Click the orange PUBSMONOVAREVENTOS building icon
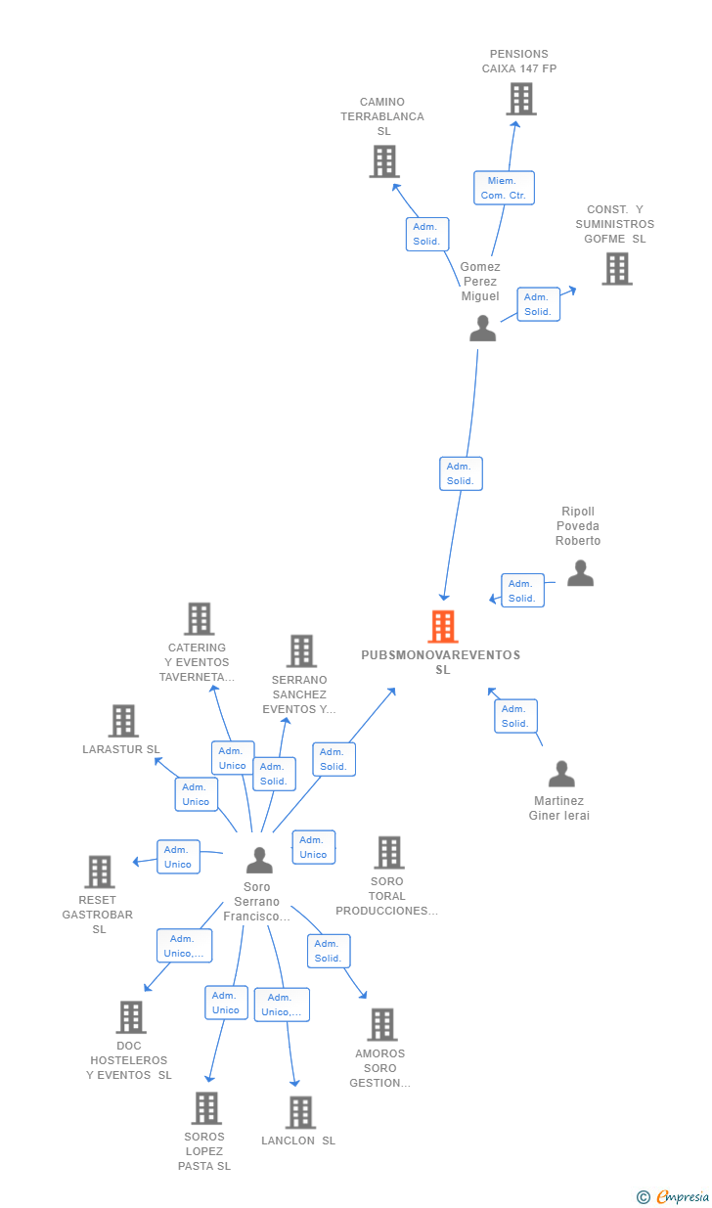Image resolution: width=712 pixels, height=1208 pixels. pos(443,627)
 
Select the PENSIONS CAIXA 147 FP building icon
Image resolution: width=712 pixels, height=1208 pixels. pos(521,99)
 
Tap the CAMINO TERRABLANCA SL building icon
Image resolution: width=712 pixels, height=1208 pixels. pos(384,161)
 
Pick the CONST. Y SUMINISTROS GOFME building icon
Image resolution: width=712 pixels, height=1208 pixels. pos(616,269)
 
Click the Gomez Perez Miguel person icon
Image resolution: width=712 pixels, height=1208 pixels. pos(482,329)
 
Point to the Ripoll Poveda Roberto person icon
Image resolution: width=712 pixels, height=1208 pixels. pos(580,573)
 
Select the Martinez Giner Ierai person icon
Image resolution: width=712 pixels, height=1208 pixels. pos(561,775)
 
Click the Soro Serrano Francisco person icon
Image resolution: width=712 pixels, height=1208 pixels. pos(259,861)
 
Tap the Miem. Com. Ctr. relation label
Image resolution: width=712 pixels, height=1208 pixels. pos(504,188)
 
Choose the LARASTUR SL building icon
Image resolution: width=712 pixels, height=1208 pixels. pos(123,721)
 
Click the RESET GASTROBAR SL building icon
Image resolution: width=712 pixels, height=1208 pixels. pos(100,872)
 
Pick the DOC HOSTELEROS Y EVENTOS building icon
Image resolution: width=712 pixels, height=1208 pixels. pos(131,1017)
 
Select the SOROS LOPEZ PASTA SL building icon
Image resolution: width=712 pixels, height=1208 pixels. pos(205,1108)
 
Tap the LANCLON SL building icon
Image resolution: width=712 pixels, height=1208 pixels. pos(300,1112)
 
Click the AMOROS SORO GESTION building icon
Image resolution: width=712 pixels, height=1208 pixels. pos(381,1024)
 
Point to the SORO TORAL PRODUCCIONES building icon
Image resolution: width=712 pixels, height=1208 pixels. pos(388,852)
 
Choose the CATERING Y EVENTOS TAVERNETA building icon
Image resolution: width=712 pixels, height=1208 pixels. pos(200,619)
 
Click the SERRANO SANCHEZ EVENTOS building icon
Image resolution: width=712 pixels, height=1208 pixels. pos(301,651)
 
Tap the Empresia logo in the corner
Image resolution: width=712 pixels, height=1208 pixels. pos(675,1196)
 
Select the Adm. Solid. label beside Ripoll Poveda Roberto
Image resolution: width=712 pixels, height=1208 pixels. pos(522,591)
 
